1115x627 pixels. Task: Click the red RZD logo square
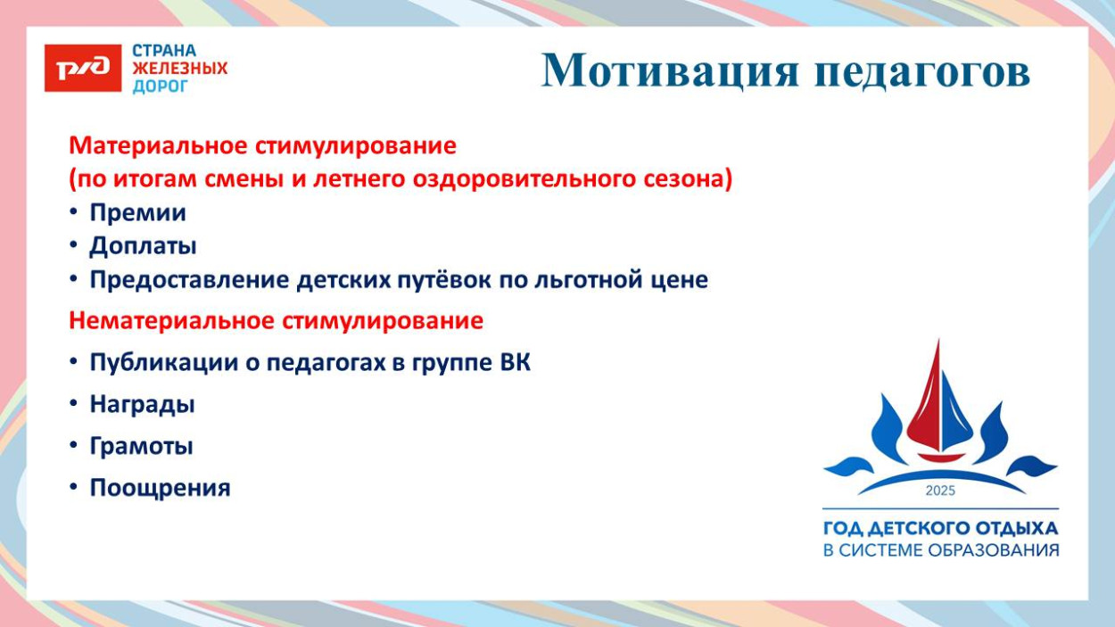82,68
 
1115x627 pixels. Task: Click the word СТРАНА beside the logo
164,51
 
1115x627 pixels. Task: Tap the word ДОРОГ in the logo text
161,87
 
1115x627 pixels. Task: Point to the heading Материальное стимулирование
263,145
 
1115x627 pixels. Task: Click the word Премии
137,213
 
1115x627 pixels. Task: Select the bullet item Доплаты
143,246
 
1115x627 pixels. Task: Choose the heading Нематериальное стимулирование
277,321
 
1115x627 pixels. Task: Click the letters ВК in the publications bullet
515,363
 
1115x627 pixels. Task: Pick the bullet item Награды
142,404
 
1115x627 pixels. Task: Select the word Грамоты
141,446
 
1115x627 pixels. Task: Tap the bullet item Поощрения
160,488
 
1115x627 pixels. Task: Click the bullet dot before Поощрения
75,488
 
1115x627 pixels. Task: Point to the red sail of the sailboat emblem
928,401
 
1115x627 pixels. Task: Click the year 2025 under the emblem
940,491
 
